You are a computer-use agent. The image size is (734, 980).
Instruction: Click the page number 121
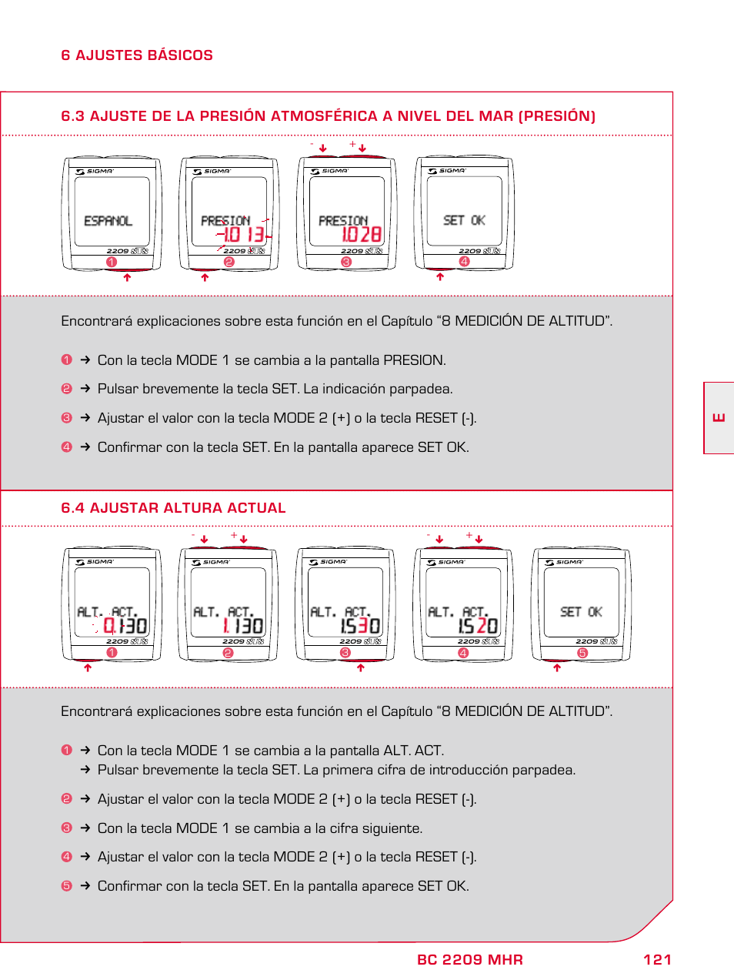(x=657, y=959)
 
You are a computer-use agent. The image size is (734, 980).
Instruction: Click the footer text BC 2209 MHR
(x=469, y=959)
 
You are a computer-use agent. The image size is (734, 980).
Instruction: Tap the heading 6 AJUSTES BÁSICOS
(x=137, y=55)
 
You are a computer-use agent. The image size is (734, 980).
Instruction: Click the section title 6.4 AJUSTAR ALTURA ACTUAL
(x=173, y=508)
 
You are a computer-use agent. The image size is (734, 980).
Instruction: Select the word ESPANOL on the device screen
(x=108, y=221)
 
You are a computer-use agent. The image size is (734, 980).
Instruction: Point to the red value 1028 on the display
(x=361, y=234)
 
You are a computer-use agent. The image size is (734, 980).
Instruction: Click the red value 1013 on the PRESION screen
(x=244, y=234)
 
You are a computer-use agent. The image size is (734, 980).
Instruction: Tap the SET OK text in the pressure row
(x=464, y=220)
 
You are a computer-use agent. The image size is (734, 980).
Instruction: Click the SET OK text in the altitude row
(x=581, y=612)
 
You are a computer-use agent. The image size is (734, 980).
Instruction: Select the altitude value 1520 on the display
(x=478, y=626)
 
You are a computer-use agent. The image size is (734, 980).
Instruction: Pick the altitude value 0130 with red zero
(x=125, y=626)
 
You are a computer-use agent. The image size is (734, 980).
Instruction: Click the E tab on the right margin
(x=719, y=417)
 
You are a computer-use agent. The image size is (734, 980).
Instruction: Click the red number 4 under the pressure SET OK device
(x=464, y=262)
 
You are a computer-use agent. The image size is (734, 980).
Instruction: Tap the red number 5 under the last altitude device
(x=582, y=653)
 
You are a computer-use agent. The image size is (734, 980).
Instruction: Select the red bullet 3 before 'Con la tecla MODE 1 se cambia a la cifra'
(x=66, y=828)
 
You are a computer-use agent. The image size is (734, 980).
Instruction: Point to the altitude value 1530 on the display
(x=360, y=626)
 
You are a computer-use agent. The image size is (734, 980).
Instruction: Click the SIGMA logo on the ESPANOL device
(x=95, y=172)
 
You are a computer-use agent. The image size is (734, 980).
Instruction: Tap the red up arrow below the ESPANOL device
(x=127, y=278)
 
